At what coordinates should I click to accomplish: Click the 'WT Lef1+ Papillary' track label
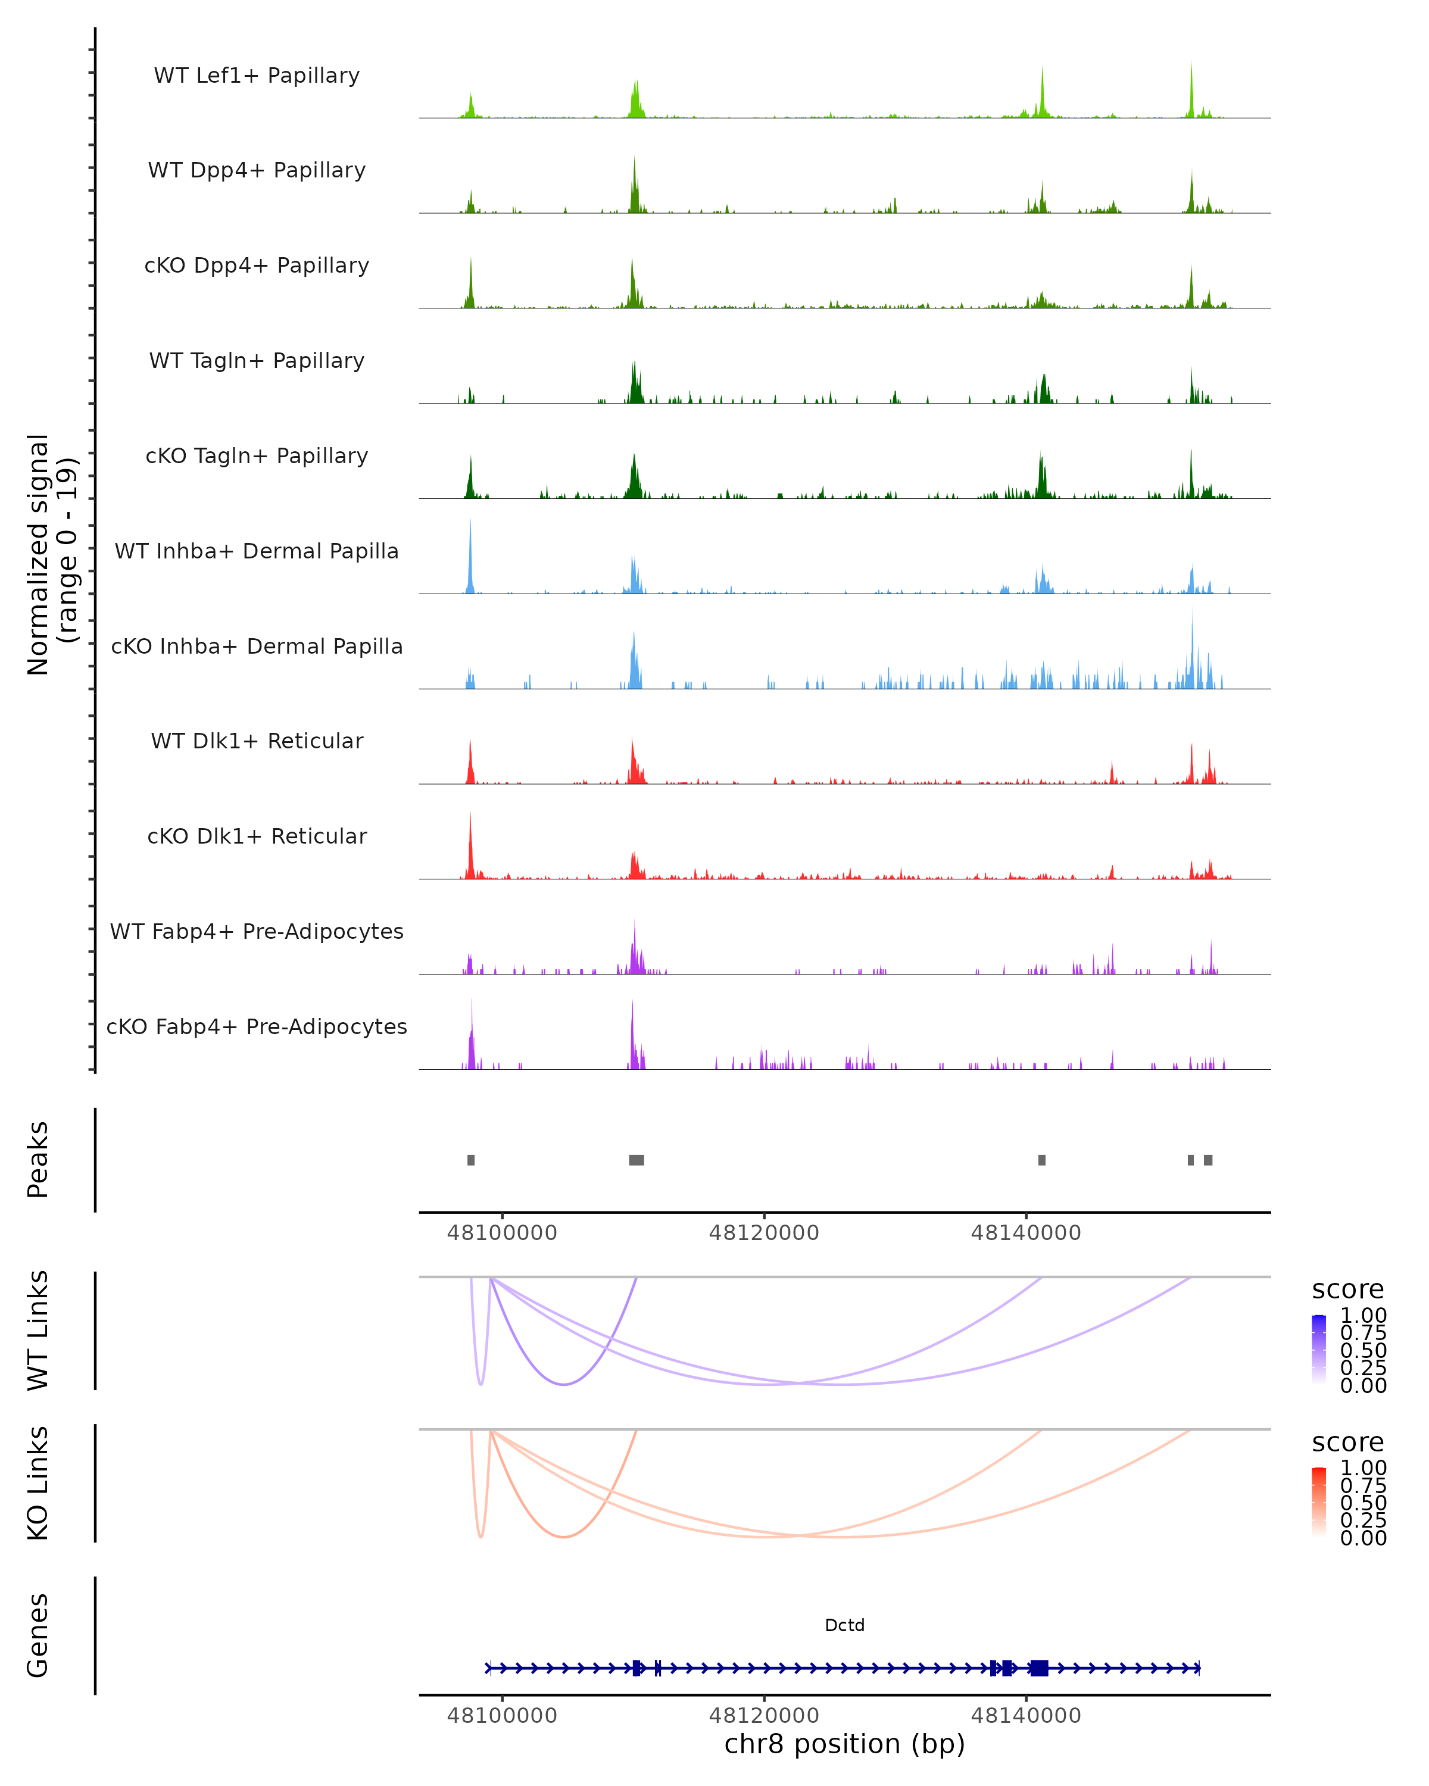tap(257, 76)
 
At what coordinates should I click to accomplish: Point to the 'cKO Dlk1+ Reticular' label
tap(257, 836)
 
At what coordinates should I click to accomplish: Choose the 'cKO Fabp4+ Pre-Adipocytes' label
tap(257, 1026)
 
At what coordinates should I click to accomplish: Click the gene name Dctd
tap(844, 1625)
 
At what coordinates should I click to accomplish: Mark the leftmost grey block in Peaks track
tap(470, 1160)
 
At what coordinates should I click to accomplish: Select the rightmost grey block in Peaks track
tap(1208, 1160)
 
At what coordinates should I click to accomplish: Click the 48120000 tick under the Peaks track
tap(764, 1233)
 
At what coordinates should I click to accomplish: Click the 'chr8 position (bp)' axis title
tap(844, 1744)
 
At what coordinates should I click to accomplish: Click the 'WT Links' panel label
tap(38, 1331)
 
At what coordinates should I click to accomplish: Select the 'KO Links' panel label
tap(38, 1483)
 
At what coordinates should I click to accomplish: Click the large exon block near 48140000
tap(1039, 1668)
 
